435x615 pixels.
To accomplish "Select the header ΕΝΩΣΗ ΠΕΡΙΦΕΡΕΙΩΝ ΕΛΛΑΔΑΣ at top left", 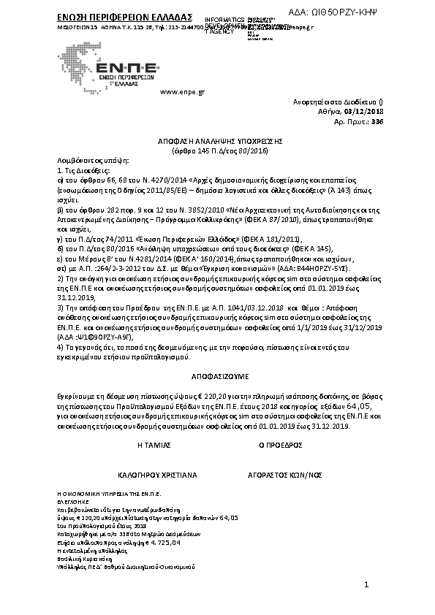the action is [114, 16].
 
